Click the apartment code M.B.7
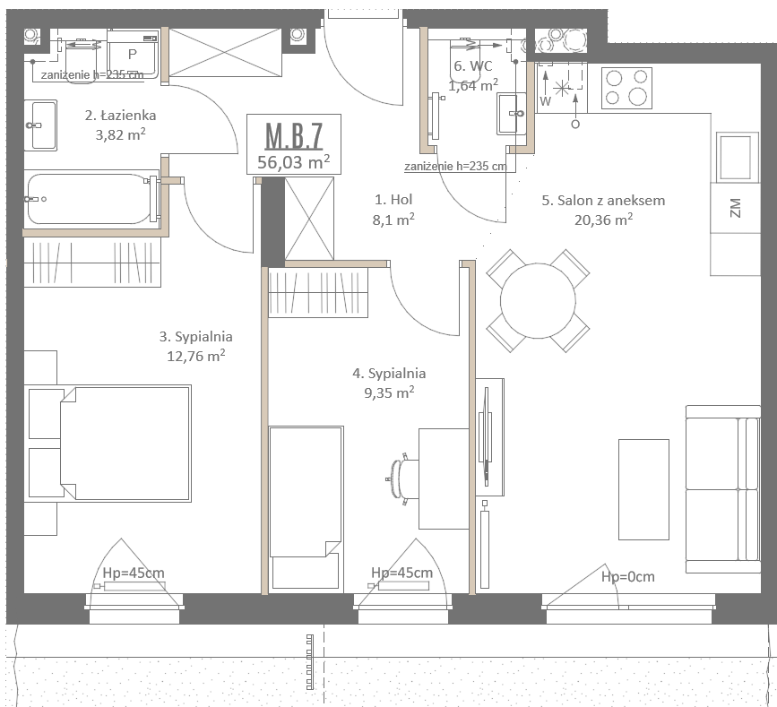(294, 135)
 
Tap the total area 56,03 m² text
(293, 161)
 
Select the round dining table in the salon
(538, 300)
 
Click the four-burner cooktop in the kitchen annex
(626, 88)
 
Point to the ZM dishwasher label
(736, 208)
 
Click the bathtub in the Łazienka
(92, 199)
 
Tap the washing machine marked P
(133, 54)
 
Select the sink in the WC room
(512, 114)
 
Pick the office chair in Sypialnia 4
(401, 479)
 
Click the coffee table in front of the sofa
(643, 489)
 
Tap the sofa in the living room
(723, 489)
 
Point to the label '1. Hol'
(393, 199)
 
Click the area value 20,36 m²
(603, 220)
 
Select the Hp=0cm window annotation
(628, 577)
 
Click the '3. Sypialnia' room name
(195, 337)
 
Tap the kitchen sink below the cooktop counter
(738, 156)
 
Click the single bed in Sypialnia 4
(306, 508)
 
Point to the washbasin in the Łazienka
(40, 125)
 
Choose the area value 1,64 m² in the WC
(473, 85)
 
